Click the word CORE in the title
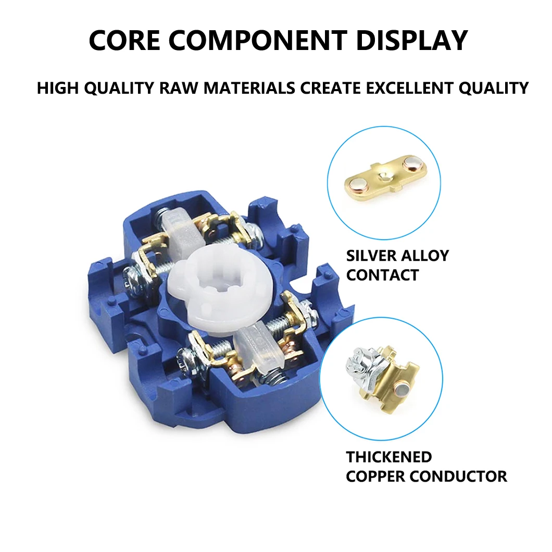point(124,41)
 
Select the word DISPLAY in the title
point(412,41)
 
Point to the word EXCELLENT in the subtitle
point(409,87)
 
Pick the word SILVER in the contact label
point(371,256)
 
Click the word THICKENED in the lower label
point(389,457)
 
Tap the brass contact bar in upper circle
point(385,175)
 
